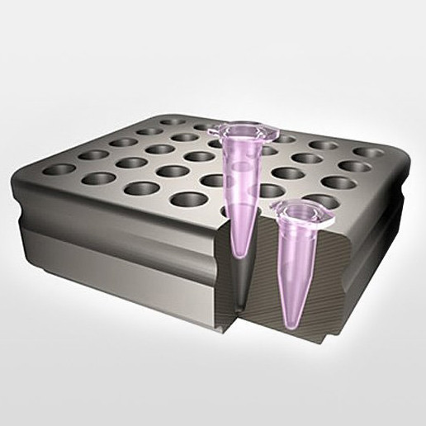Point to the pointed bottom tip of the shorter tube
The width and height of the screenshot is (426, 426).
point(289,319)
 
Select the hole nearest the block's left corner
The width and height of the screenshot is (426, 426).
point(59,169)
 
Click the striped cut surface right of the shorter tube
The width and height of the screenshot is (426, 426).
point(338,281)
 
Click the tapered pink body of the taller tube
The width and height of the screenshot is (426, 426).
point(241,190)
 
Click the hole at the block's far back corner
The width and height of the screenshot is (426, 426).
point(173,121)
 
